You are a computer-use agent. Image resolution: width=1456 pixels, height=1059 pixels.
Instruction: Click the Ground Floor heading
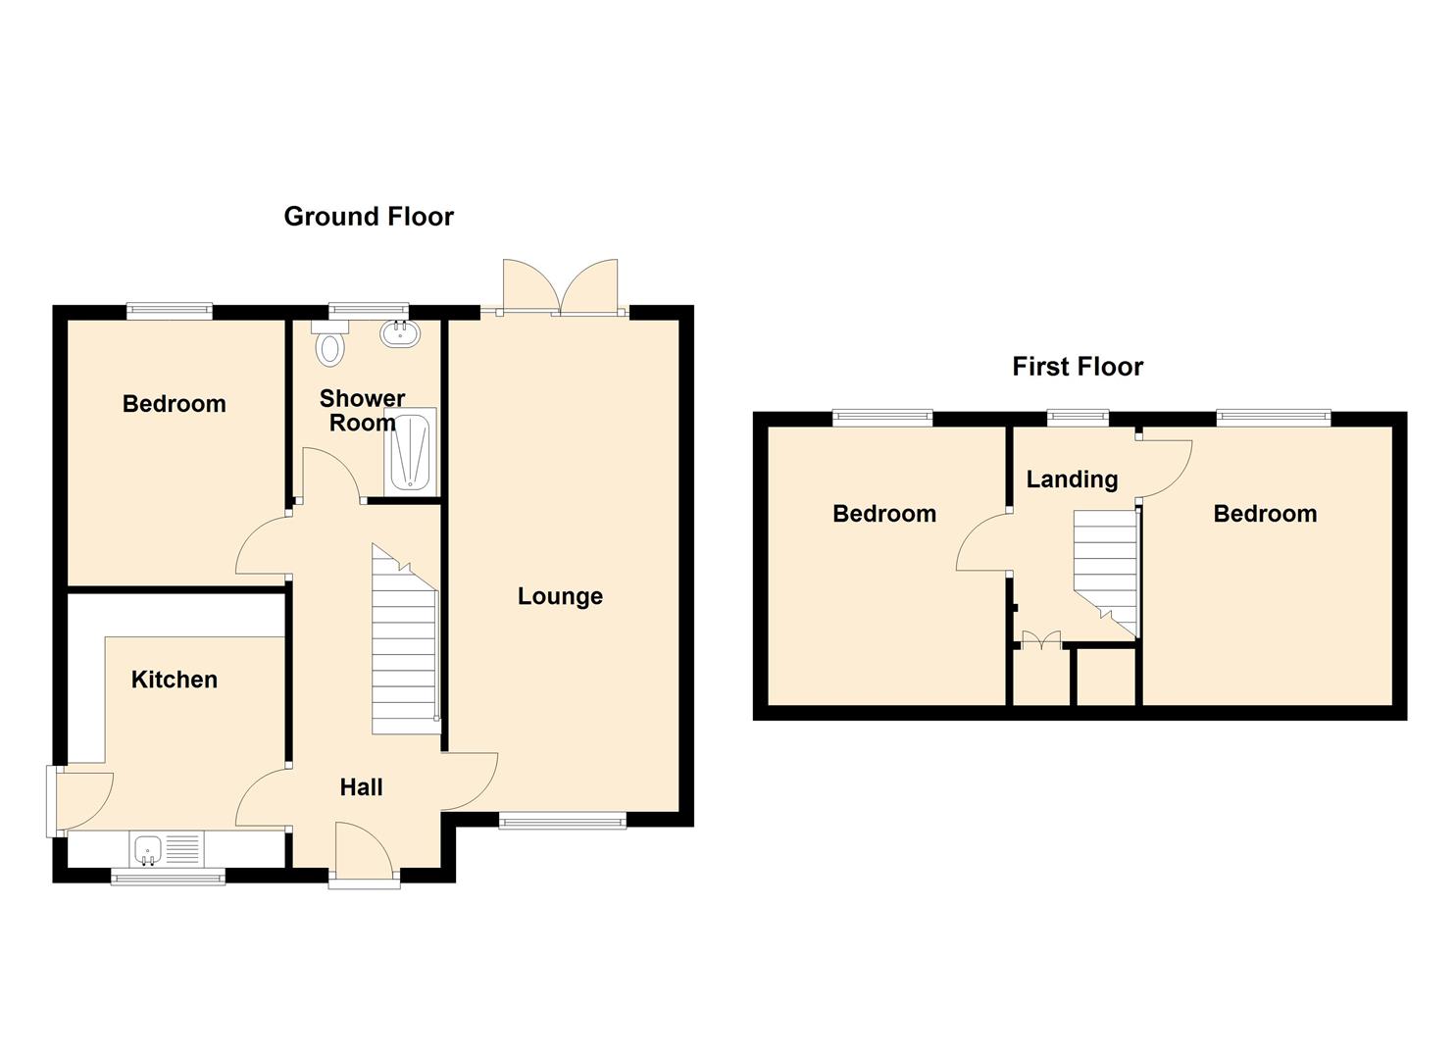point(369,217)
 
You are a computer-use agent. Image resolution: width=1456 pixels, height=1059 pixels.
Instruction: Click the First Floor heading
point(1078,367)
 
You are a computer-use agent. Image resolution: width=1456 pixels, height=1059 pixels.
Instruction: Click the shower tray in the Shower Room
point(409,452)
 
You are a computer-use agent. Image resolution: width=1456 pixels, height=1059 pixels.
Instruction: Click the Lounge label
point(560,596)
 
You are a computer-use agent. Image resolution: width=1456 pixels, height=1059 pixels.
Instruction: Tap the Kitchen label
point(175,680)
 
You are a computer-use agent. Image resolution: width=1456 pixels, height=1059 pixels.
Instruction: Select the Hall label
point(361,787)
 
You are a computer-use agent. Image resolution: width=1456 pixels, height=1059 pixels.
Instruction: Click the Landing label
point(1072,479)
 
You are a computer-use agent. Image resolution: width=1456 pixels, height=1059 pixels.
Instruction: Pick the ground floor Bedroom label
point(175,404)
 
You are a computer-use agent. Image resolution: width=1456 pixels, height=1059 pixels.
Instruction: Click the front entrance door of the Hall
point(364,853)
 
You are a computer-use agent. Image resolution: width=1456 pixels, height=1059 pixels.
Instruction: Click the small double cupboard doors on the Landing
point(1041,641)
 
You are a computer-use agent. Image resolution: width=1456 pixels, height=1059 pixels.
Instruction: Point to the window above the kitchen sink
point(168,877)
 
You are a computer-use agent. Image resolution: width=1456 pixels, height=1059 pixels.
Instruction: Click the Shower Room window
point(368,312)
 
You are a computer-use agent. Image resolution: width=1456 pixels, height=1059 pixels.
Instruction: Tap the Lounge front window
point(562,821)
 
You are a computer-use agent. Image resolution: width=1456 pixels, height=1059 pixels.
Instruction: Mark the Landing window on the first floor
point(1078,419)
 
